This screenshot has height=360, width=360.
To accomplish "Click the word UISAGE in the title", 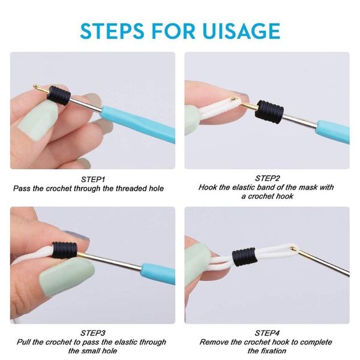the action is tap(241, 31).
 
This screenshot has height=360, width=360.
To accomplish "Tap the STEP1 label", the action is tap(93, 179).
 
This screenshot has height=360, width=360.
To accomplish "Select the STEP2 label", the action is tap(267, 178).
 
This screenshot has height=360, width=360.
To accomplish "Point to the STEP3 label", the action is tap(93, 333).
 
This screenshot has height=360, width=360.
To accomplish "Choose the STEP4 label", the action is tap(267, 333).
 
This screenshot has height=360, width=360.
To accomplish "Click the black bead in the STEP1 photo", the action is tap(59, 95).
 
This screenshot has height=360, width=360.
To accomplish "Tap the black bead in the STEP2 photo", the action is tap(269, 112).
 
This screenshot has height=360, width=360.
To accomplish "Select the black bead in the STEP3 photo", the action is tap(65, 250).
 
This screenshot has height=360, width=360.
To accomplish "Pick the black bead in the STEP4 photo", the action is tap(244, 257).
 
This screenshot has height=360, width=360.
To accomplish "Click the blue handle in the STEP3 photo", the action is tap(158, 274).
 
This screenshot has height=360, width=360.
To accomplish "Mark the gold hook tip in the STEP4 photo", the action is tap(293, 248).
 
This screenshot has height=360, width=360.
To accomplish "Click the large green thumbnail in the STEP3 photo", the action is tap(67, 275).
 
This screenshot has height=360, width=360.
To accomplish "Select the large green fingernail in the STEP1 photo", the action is tap(38, 121).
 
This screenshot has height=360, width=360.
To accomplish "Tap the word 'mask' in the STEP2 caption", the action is tap(309, 187).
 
